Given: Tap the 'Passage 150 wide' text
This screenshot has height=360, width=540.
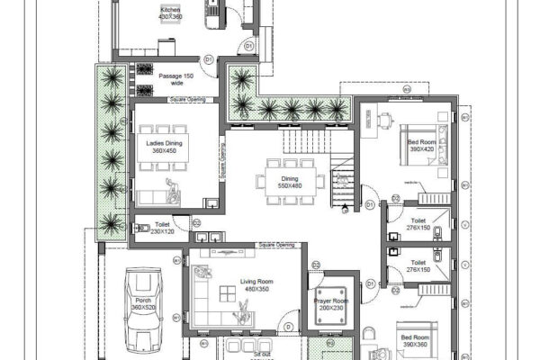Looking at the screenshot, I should tap(176, 80).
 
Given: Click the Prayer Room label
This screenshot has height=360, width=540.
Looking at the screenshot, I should tap(330, 303).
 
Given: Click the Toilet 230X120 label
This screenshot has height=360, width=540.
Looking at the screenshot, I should tap(163, 229).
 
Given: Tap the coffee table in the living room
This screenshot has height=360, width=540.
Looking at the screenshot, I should tap(242, 310).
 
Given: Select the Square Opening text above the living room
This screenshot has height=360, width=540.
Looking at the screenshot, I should tap(276, 244).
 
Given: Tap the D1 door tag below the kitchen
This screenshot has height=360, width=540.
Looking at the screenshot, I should tap(207, 59).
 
